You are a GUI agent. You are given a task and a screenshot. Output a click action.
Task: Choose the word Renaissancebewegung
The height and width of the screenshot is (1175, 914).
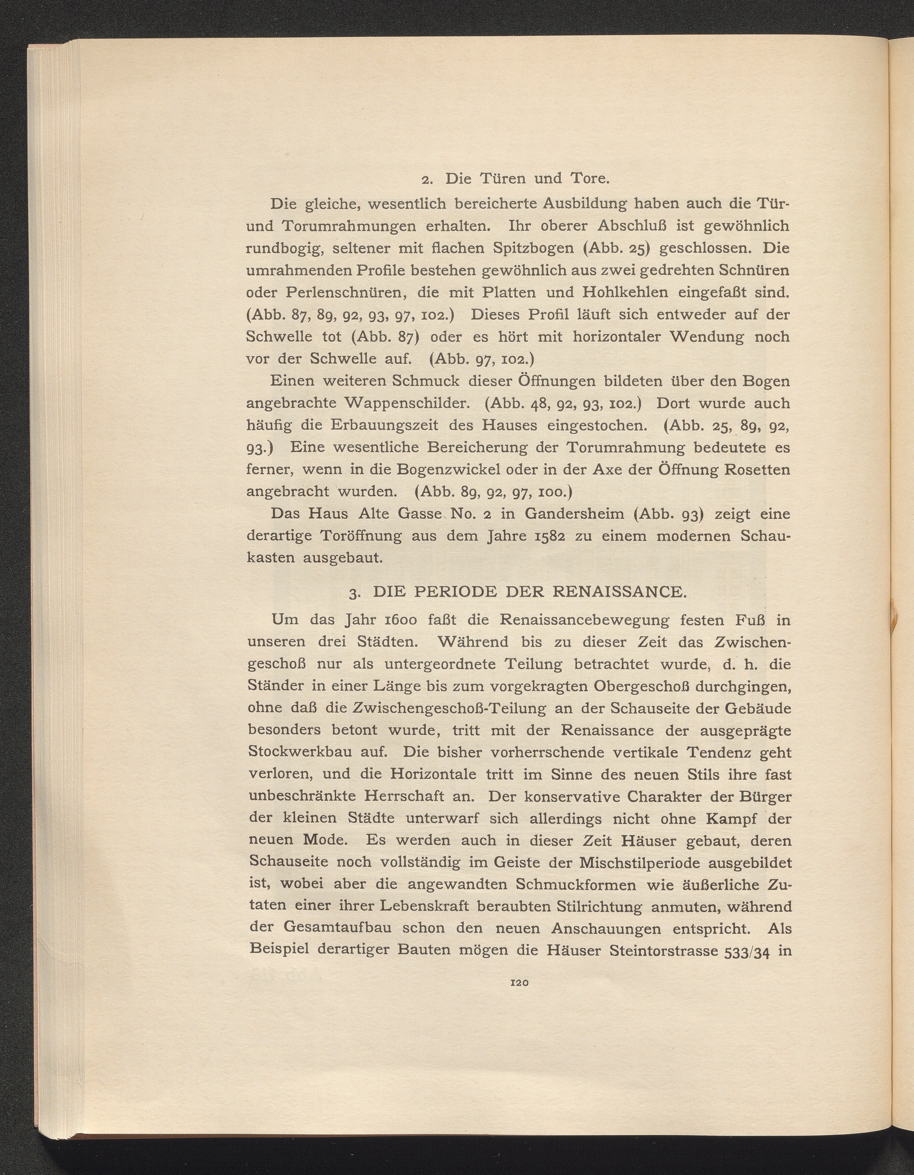click(584, 620)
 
